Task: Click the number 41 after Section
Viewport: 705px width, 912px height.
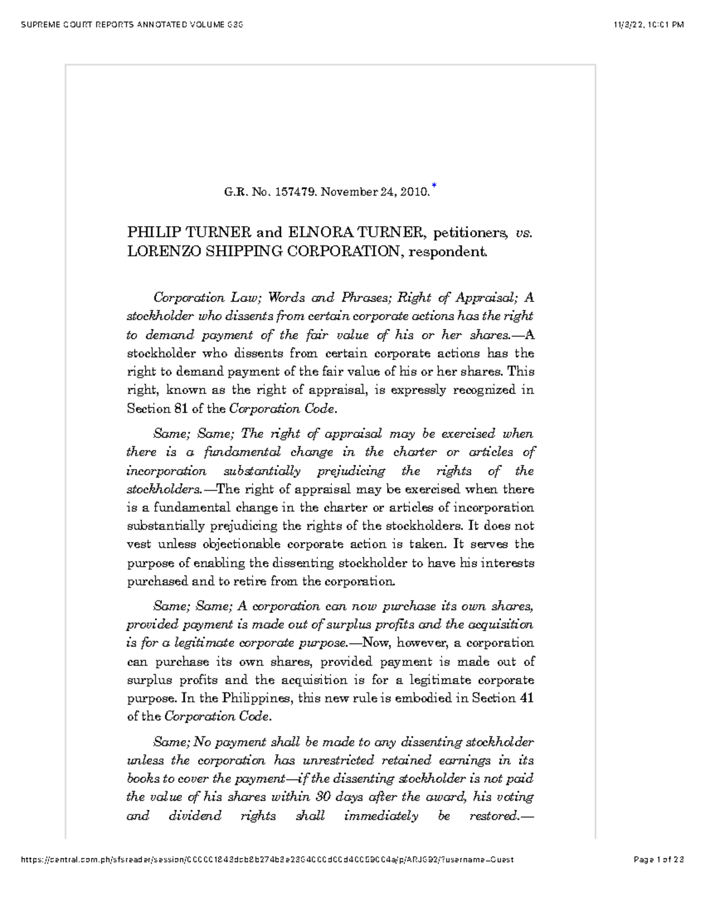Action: click(527, 698)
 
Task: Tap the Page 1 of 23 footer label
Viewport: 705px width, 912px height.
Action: click(659, 859)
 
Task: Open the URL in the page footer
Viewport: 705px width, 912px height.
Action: click(267, 859)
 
